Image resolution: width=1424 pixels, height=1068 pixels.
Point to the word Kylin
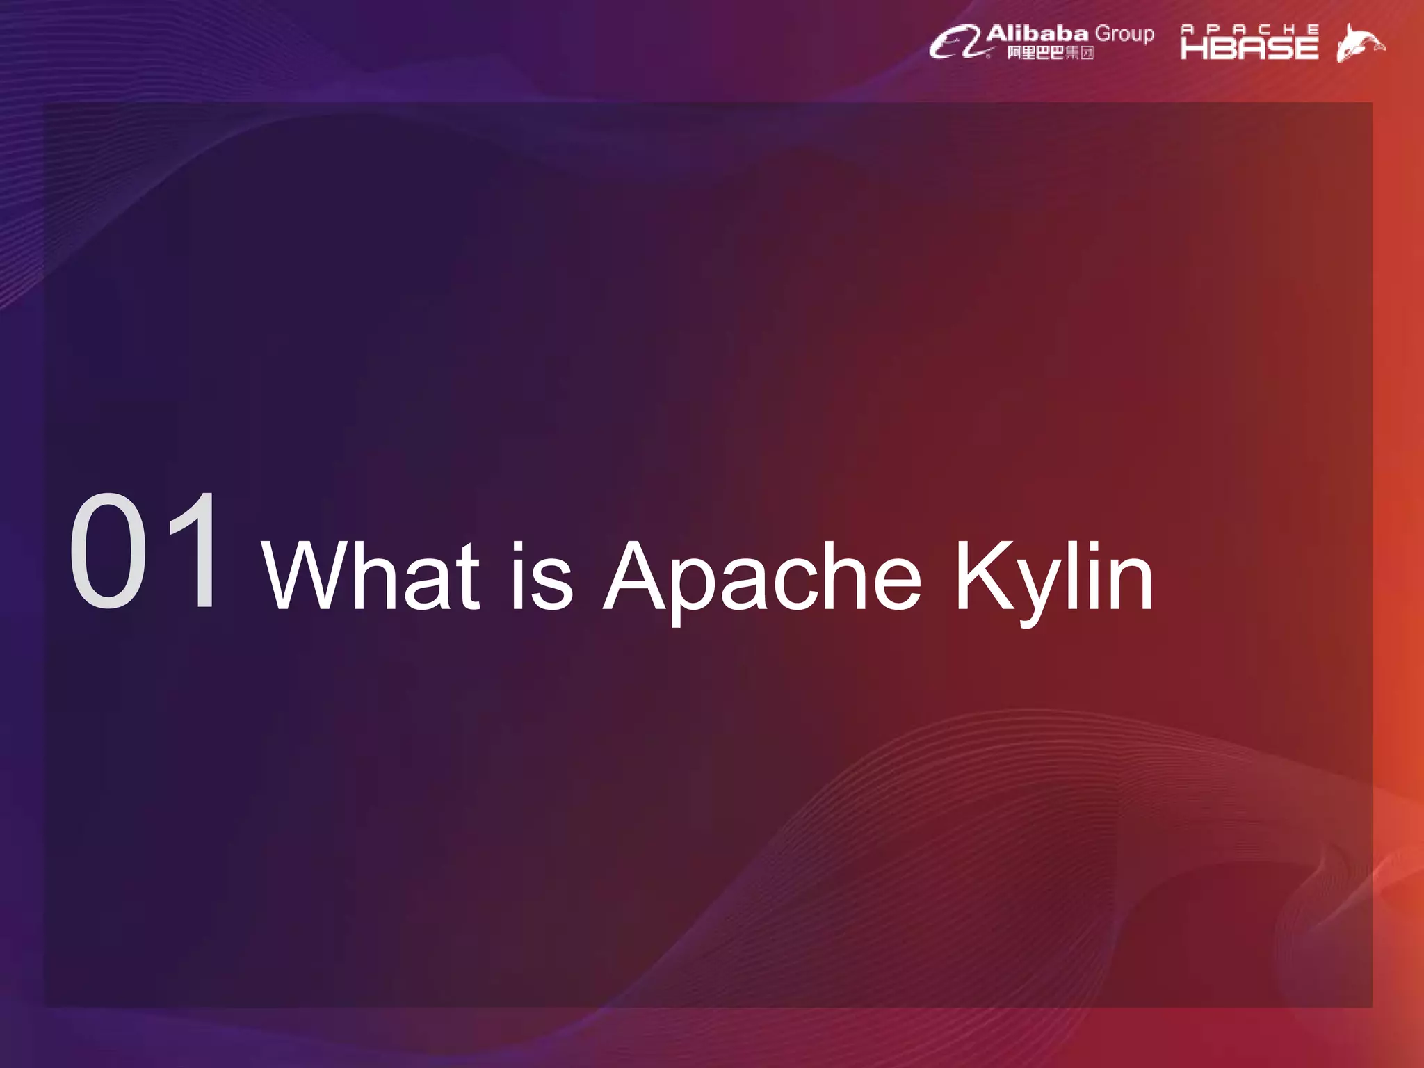pos(1053,577)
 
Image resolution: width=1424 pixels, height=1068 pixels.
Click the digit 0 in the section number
pos(109,551)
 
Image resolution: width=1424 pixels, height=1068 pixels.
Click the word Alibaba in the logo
pos(1037,33)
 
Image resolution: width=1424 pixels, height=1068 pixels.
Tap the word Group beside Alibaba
pos(1124,34)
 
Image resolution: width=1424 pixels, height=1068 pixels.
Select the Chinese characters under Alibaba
pos(1051,53)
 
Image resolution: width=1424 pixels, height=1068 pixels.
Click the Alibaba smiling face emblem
pos(957,43)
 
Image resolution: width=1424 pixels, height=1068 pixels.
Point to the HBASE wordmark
pos(1249,48)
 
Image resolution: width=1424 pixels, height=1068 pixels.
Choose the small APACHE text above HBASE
pos(1249,29)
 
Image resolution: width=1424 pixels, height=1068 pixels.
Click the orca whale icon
pos(1359,43)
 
